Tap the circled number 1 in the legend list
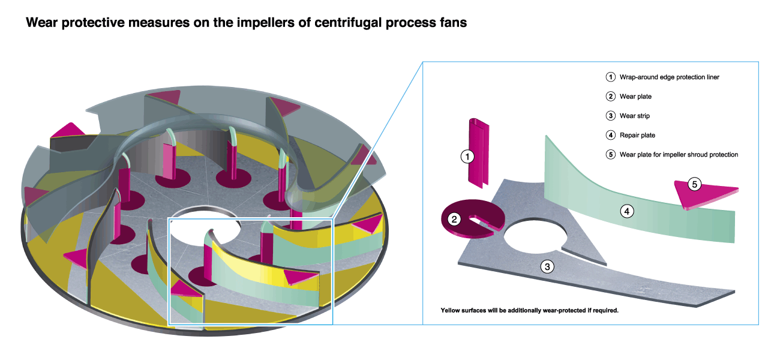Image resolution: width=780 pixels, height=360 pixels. (x=610, y=77)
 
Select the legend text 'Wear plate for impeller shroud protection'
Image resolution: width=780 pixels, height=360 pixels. (x=679, y=155)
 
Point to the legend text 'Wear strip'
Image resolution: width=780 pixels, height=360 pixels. (x=635, y=116)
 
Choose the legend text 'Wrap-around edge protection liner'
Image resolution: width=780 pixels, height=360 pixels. (x=669, y=77)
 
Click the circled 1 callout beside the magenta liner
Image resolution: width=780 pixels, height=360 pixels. (x=467, y=157)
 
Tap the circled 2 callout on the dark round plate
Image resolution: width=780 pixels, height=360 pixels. (x=455, y=219)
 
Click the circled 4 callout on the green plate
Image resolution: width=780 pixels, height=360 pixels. (x=627, y=211)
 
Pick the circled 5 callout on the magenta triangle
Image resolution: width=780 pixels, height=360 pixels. (x=694, y=184)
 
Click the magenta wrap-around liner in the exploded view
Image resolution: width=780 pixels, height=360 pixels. (x=479, y=150)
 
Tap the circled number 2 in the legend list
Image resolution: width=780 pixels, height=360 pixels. (x=610, y=97)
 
